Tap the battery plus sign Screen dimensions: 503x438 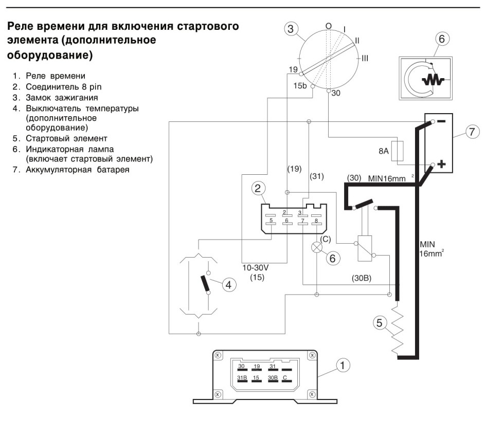click(441, 164)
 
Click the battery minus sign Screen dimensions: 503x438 click(441, 121)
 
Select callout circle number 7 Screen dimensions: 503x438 click(472, 132)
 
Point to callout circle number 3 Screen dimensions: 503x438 click(291, 29)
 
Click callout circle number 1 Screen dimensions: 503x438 click(343, 365)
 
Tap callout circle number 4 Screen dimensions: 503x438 click(228, 285)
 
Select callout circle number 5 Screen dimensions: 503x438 click(380, 322)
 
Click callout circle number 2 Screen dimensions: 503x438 click(258, 188)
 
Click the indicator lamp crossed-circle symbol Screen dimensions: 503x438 click(317, 247)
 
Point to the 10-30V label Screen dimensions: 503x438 click(255, 268)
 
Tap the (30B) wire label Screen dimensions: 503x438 click(362, 278)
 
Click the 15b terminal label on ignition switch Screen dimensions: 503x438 click(300, 86)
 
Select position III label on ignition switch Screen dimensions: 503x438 click(365, 59)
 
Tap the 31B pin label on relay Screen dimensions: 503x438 click(242, 377)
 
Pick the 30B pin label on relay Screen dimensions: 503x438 click(273, 377)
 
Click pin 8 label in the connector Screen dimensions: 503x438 click(316, 221)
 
